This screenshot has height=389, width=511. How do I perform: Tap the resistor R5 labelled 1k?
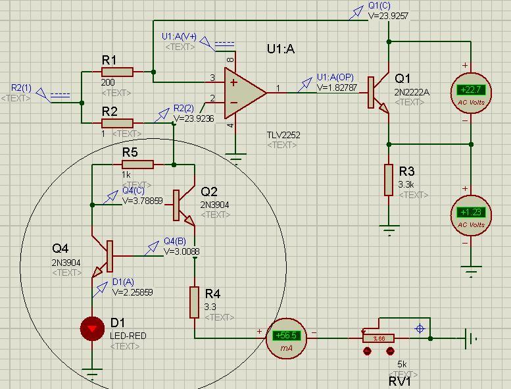137,165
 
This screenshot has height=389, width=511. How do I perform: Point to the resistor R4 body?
195,302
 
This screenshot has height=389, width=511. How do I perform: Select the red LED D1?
92,328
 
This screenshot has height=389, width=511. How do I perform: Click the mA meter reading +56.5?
287,336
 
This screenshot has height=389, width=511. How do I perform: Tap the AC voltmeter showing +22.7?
470,91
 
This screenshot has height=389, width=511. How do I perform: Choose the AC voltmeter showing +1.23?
470,213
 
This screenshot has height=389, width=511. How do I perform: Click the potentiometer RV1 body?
379,338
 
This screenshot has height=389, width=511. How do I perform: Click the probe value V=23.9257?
389,16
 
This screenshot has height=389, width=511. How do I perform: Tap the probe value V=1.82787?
337,87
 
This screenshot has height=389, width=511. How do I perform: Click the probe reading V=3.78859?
143,201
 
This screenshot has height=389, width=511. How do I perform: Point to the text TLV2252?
283,135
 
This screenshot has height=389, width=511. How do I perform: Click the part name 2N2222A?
412,93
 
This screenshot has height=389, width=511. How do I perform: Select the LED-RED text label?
128,336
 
